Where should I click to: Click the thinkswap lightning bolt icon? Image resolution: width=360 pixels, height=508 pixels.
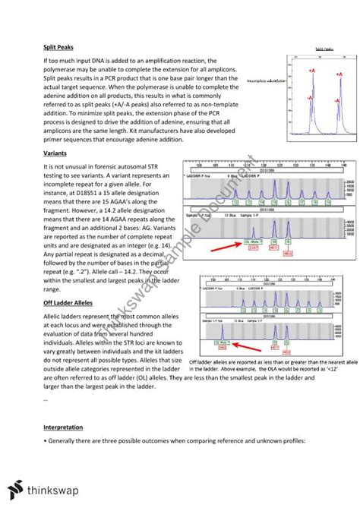click(x=17, y=490)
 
